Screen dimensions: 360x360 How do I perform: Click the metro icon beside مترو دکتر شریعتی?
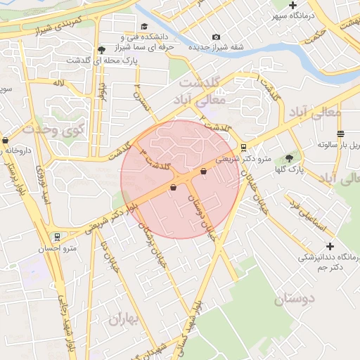tap(243, 148)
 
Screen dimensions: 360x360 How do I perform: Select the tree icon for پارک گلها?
tap(289, 159)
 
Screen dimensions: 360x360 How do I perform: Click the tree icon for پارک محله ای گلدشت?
tap(102, 50)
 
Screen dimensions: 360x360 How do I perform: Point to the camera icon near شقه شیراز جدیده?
tap(215, 37)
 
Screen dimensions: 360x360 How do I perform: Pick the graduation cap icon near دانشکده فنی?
tap(144, 26)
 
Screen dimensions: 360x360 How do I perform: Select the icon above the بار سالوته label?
tap(340, 134)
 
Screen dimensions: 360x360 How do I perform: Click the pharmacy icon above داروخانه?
tap(6, 140)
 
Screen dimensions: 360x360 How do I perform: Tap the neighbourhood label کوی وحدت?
tap(53, 129)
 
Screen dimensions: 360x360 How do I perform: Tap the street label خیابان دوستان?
tap(202, 217)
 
